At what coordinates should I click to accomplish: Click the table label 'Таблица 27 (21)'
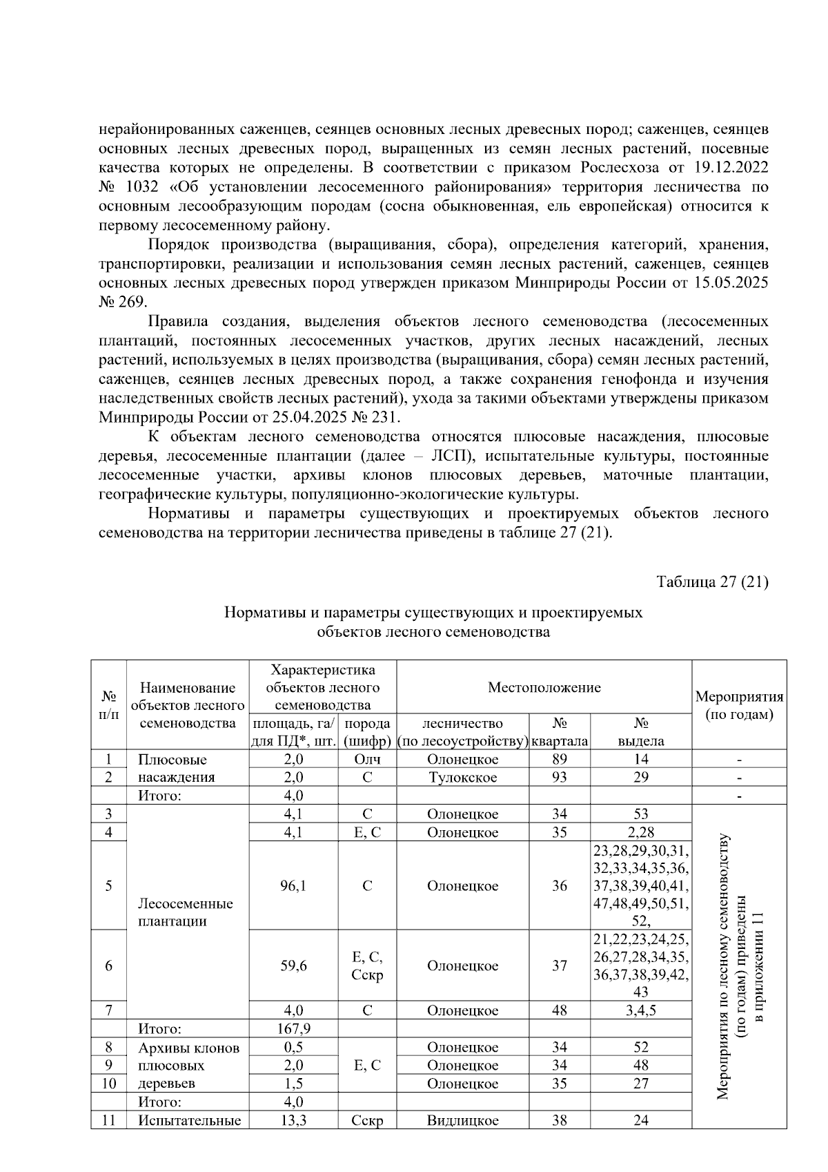712,582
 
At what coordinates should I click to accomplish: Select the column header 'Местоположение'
544,687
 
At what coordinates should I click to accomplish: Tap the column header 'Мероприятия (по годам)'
739,705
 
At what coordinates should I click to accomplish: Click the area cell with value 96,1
293,886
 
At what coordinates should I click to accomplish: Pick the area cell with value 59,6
293,966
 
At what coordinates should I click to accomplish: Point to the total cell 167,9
293,1029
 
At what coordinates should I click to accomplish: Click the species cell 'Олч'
367,760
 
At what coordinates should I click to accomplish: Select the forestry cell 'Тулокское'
462,778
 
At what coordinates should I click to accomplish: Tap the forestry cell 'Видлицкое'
462,1121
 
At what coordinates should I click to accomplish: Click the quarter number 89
559,760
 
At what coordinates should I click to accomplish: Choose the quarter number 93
559,778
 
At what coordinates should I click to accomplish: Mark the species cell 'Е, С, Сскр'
367,966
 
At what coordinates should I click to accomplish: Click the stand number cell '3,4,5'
640,1011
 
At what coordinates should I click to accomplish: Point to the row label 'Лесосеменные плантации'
186,912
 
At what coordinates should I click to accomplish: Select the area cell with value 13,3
293,1121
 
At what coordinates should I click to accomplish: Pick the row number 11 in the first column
108,1121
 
